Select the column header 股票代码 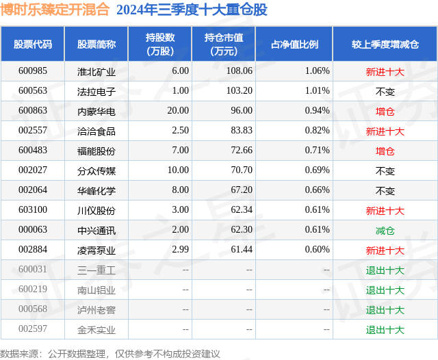(32, 44)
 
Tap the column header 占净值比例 (299, 44)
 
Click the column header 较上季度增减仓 (385, 44)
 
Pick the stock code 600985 (32, 70)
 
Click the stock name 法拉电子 (96, 90)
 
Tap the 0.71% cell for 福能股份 (317, 150)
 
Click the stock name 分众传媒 (96, 170)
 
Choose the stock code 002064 (32, 190)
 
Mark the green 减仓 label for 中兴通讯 (385, 231)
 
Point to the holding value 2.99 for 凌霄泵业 (179, 250)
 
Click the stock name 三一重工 (96, 270)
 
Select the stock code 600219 (32, 290)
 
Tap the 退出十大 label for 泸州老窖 (385, 310)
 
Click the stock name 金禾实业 (96, 330)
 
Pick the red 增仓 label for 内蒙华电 (385, 111)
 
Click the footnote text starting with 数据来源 (110, 353)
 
